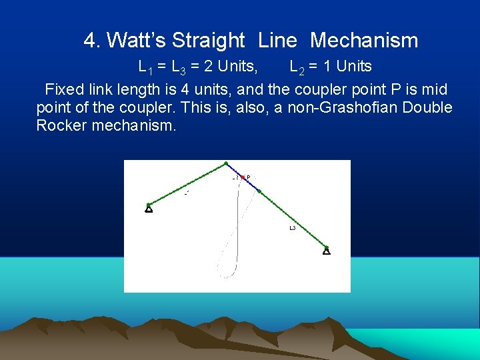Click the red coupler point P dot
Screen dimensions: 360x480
243,177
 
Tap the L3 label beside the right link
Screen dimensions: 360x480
292,228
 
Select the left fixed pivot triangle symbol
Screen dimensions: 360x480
149,209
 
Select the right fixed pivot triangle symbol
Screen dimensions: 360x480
327,251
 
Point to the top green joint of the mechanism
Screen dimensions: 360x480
226,163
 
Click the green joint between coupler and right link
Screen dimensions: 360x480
259,192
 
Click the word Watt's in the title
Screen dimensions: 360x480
137,41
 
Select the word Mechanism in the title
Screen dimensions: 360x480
363,41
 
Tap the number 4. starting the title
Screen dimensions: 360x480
93,41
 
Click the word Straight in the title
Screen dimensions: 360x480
208,41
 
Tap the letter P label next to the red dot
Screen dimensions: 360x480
249,177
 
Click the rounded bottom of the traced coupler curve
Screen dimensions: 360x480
228,275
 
